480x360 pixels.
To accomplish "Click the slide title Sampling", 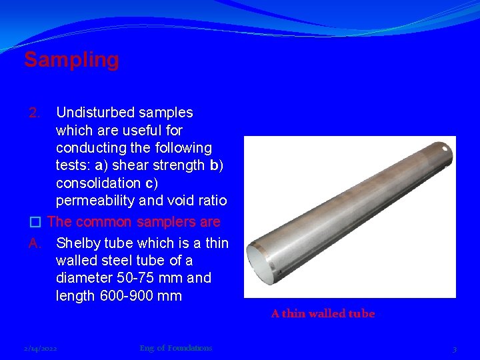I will (71, 60).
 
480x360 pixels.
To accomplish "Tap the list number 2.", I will (37, 113).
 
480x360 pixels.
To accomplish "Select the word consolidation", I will (98, 183).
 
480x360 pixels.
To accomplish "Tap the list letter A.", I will (36, 243).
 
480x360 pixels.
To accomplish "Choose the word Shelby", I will (79, 243).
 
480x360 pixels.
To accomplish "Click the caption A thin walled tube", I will (323, 313).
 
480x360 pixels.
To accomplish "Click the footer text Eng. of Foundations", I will (176, 348).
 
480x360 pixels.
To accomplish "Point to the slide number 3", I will (454, 349).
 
